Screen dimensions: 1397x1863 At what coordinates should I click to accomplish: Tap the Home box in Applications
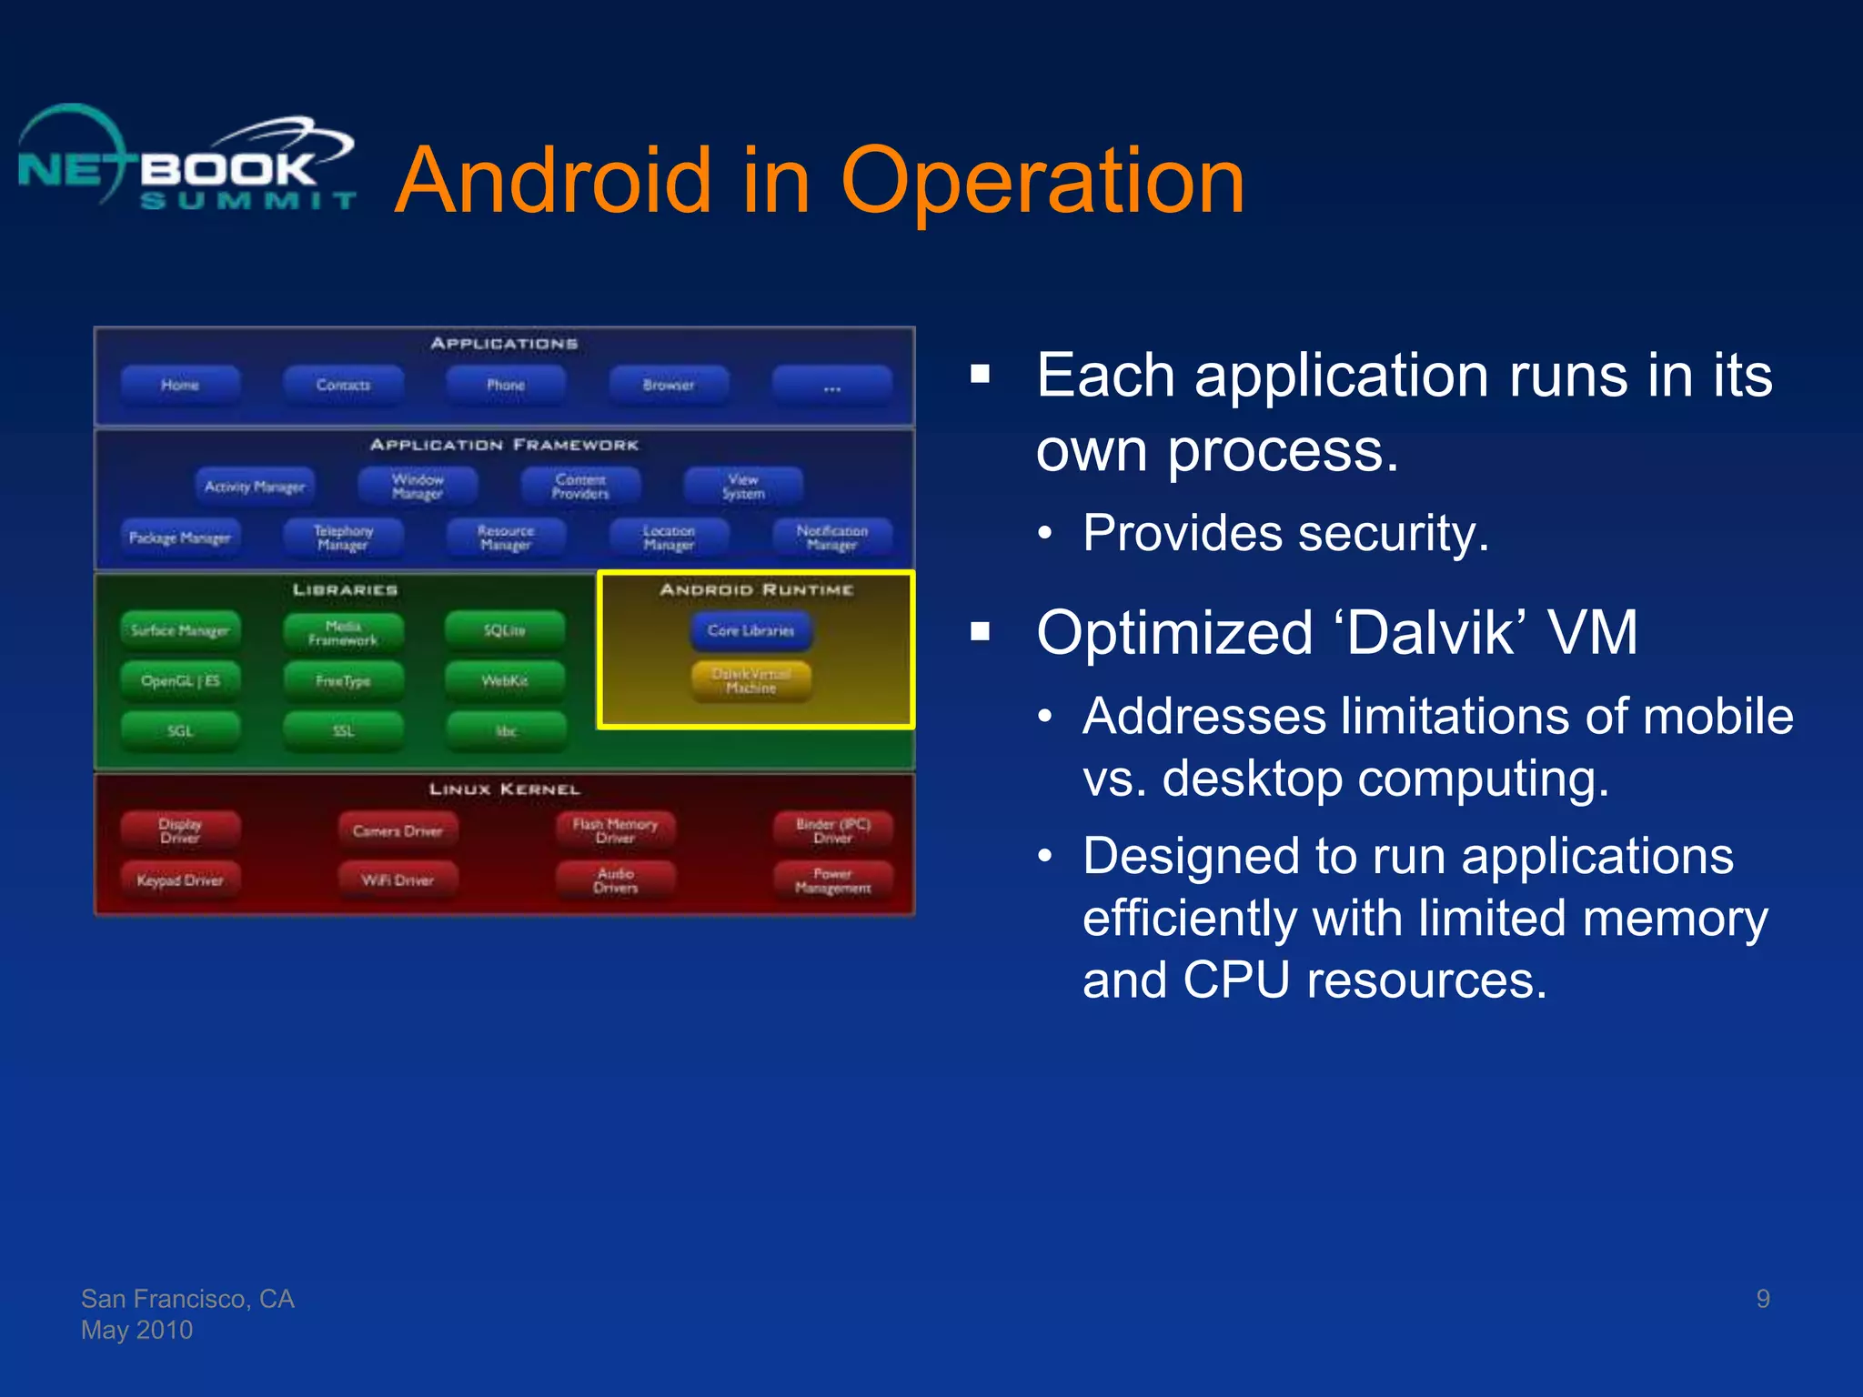[x=180, y=386]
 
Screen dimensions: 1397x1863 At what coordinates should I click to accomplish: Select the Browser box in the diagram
[x=669, y=386]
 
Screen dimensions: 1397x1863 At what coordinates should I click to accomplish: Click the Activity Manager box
[x=255, y=487]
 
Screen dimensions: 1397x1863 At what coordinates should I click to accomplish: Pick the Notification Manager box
[x=832, y=538]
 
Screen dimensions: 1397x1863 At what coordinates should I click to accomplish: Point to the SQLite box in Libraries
[x=505, y=630]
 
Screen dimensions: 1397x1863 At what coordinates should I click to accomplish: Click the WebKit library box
[x=505, y=680]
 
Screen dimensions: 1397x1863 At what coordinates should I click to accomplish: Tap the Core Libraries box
[x=751, y=630]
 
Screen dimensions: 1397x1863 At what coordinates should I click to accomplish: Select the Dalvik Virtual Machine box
[x=751, y=681]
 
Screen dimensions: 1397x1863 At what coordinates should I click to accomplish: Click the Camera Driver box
[x=398, y=830]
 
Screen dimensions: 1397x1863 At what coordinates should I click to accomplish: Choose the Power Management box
[x=832, y=880]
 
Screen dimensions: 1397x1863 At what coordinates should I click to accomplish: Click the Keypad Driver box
[x=180, y=880]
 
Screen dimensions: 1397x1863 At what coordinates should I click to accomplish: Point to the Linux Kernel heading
[x=505, y=789]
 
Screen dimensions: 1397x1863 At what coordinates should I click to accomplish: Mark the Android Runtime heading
[x=757, y=590]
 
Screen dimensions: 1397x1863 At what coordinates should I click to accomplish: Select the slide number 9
[x=1763, y=1299]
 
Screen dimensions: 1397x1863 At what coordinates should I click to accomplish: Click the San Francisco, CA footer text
[x=187, y=1299]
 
